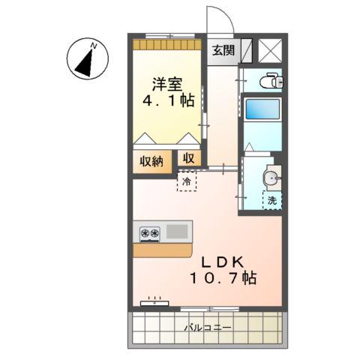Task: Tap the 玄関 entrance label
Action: [221, 51]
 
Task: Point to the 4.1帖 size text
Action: [166, 100]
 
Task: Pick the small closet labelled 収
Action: [188, 159]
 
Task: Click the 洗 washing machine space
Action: [271, 200]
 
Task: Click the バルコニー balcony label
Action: [208, 328]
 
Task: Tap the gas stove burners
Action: [149, 233]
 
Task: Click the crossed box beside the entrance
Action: [269, 49]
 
